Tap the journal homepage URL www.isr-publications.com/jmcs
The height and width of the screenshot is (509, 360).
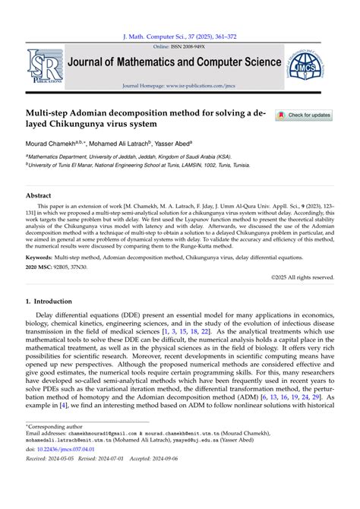pyautogui.click(x=201, y=86)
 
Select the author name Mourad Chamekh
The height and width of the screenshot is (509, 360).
pyautogui.click(x=55, y=142)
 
